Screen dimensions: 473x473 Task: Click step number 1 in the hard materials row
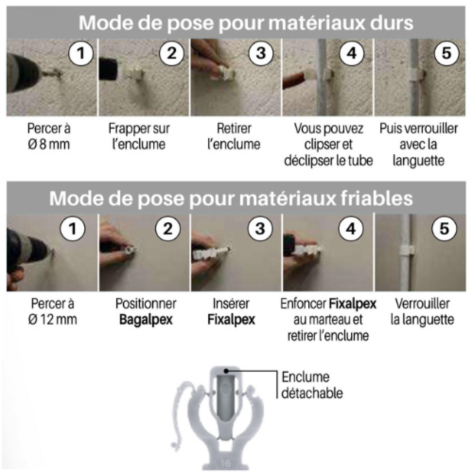coord(81,53)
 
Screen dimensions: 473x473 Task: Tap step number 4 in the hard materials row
coord(352,53)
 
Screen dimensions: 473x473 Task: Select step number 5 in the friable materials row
coord(444,228)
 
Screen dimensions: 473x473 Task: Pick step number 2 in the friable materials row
coord(168,228)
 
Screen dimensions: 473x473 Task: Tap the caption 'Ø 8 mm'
coord(49,144)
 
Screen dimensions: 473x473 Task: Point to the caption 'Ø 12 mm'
coord(52,319)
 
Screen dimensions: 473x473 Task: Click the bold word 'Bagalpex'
coord(146,320)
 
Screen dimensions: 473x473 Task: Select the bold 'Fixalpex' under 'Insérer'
coord(231,320)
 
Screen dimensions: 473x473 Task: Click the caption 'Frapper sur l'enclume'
coord(139,136)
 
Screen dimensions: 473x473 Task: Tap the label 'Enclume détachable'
coord(312,385)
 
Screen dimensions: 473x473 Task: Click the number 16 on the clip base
coord(225,463)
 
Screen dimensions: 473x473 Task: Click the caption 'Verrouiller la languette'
coord(422,312)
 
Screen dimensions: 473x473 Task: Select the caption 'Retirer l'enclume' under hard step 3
coord(234,136)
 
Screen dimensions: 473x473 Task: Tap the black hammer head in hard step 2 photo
coord(109,69)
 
